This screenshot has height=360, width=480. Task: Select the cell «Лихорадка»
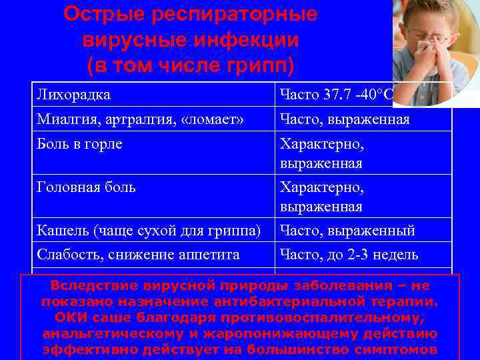[x=73, y=95]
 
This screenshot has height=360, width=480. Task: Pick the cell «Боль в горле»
[x=79, y=144]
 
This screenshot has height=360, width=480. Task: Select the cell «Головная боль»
[x=87, y=187]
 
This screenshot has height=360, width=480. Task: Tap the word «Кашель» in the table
[x=64, y=231]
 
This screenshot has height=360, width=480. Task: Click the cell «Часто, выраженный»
[x=347, y=231]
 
